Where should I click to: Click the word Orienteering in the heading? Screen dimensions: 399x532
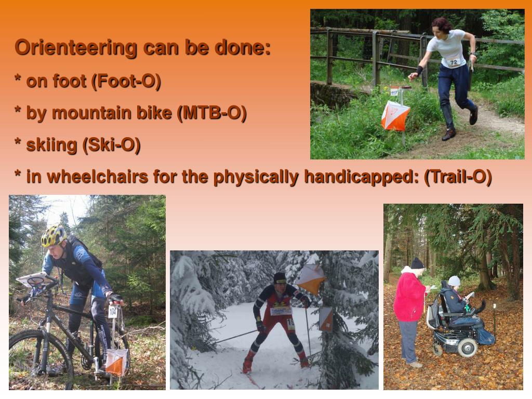[76, 47]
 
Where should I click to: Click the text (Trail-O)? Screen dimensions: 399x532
[458, 177]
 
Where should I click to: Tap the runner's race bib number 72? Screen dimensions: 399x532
[454, 62]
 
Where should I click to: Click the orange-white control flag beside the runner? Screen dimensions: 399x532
[395, 115]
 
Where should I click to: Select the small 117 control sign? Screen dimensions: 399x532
[394, 92]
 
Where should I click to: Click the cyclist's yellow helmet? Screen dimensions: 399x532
[54, 236]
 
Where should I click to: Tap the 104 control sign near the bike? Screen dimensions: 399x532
[112, 311]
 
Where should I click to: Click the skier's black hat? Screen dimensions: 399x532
[280, 277]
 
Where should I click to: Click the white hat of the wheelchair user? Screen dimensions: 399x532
[454, 281]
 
